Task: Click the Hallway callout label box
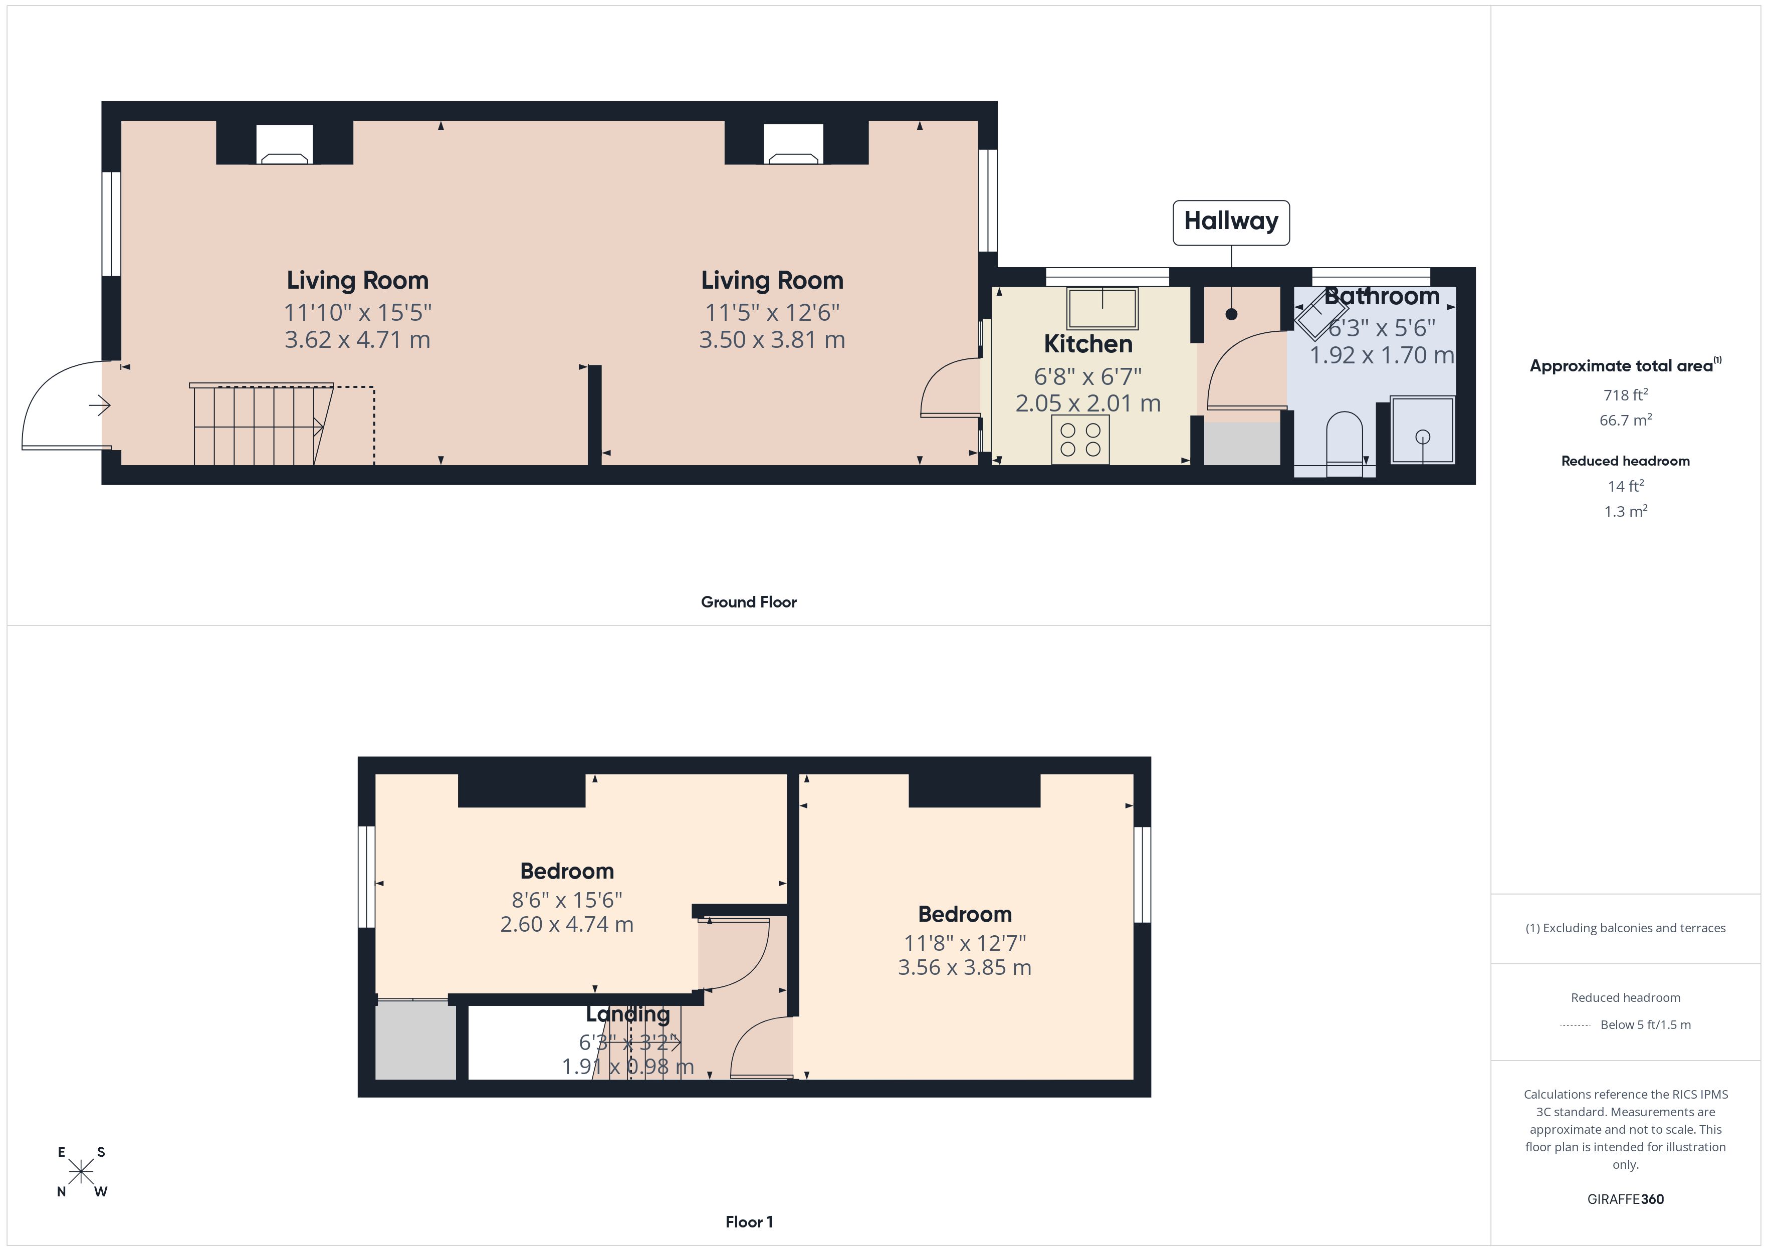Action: tap(1230, 222)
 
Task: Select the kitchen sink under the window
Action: tap(1102, 308)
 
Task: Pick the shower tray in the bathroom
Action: tap(1422, 430)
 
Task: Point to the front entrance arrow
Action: tap(100, 404)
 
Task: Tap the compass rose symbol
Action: tap(81, 1172)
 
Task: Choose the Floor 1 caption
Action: tap(749, 1222)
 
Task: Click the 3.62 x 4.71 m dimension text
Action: tap(357, 340)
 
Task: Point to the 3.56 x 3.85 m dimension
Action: tap(964, 967)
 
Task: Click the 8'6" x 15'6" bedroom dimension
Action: tap(567, 900)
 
